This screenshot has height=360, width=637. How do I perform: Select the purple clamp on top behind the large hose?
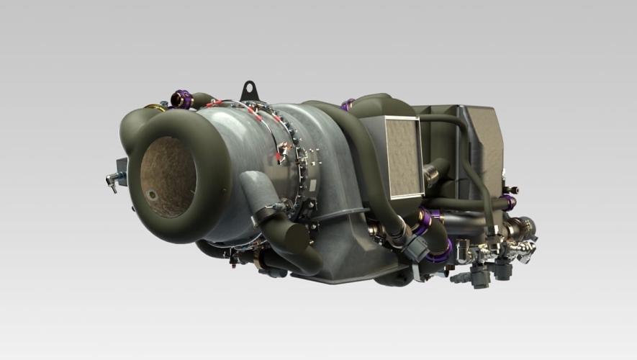348,105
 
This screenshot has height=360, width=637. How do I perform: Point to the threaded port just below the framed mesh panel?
432,175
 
